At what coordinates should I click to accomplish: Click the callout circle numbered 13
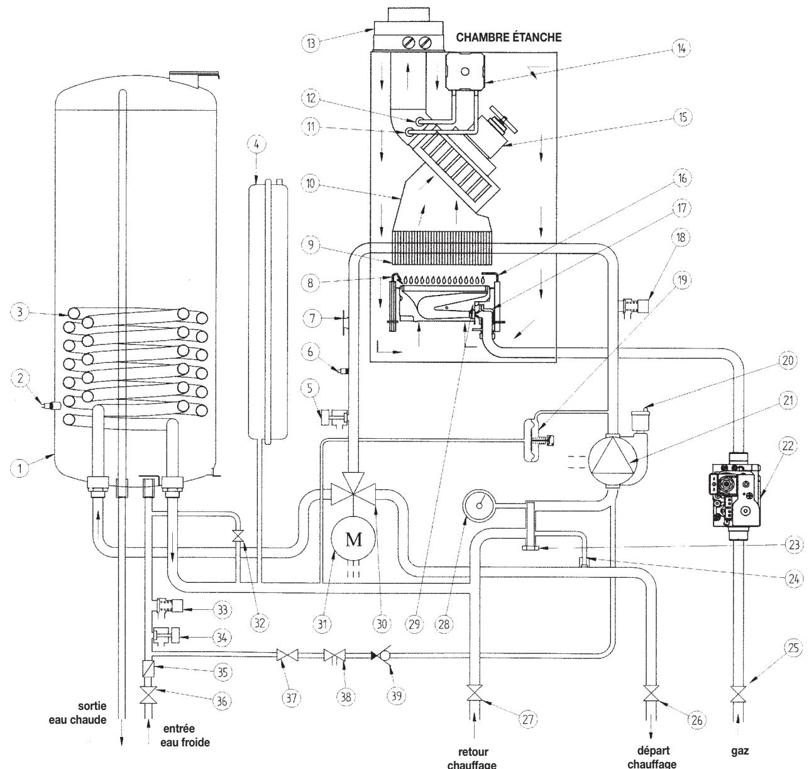pyautogui.click(x=311, y=43)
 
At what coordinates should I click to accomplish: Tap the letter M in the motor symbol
pyautogui.click(x=354, y=539)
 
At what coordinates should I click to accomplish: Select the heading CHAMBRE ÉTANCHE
pyautogui.click(x=509, y=38)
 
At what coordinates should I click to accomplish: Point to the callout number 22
pyautogui.click(x=788, y=446)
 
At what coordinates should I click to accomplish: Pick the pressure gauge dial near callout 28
pyautogui.click(x=479, y=505)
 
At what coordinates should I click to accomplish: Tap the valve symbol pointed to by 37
pyautogui.click(x=287, y=655)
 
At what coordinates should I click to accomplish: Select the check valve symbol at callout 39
pyautogui.click(x=381, y=655)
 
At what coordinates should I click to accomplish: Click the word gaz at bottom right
pyautogui.click(x=740, y=751)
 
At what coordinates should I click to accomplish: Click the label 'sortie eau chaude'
pyautogui.click(x=78, y=712)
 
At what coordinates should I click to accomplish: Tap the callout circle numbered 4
pyautogui.click(x=256, y=145)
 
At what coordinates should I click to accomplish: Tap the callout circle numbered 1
pyautogui.click(x=19, y=468)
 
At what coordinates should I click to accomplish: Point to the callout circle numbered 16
pyautogui.click(x=682, y=178)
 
